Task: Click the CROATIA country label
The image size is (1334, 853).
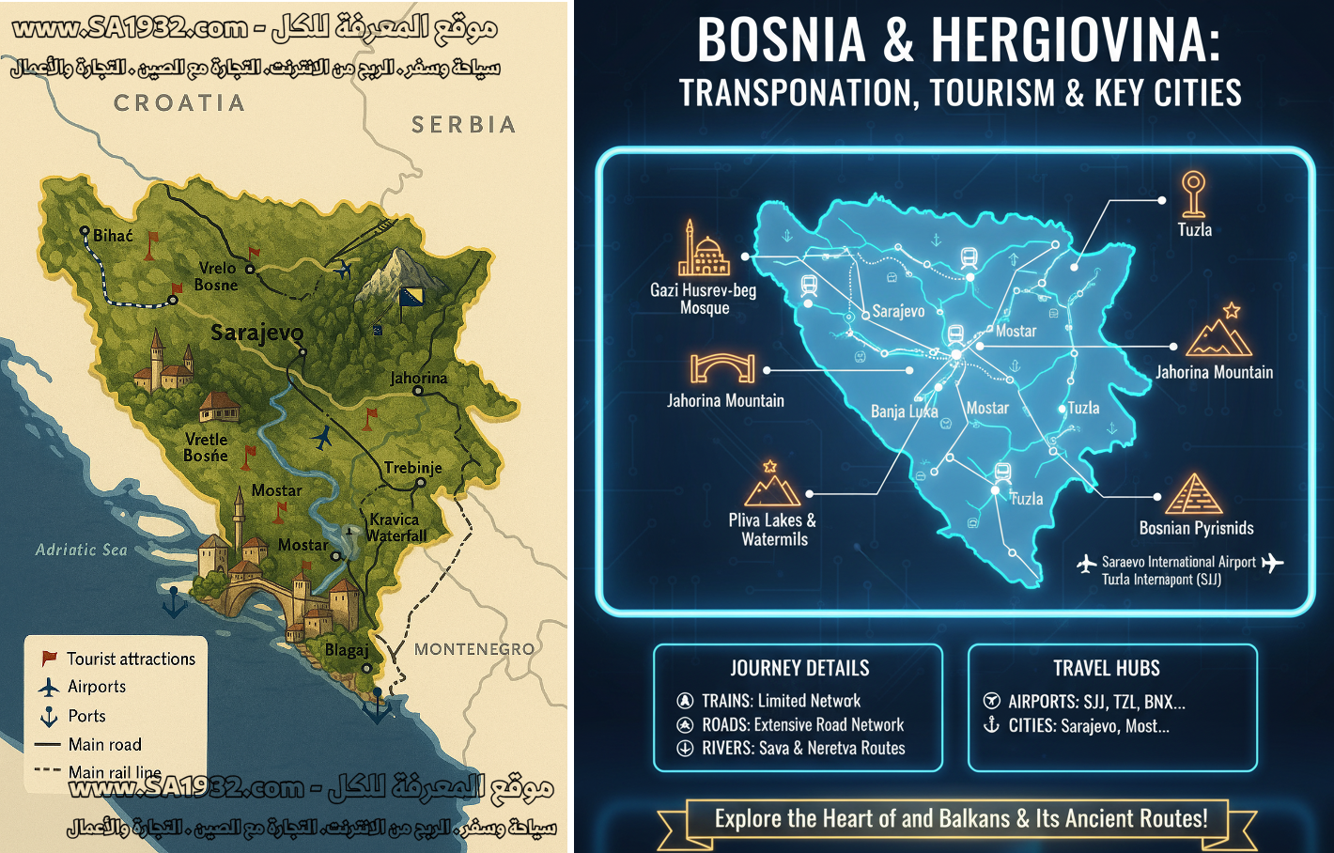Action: tap(179, 103)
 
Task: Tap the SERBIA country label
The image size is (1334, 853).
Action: tap(464, 125)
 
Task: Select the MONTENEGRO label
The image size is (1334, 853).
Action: tap(474, 649)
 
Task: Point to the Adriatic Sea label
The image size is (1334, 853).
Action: tap(81, 550)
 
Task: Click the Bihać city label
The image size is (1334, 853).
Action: tap(113, 236)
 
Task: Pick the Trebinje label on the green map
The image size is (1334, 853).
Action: tap(412, 468)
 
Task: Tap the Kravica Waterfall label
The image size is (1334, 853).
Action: tap(396, 528)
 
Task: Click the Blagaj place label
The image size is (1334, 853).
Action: tap(347, 650)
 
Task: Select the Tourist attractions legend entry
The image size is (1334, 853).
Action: tap(131, 659)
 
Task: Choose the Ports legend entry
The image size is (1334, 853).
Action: tap(86, 716)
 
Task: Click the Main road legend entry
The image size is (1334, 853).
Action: tap(104, 745)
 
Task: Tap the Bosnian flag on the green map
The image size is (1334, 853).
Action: tap(411, 297)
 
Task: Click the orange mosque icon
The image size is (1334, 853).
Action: tap(704, 249)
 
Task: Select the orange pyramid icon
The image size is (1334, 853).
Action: tap(1194, 493)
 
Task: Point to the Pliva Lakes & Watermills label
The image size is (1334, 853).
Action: tap(773, 530)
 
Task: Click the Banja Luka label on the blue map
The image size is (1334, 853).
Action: tap(904, 411)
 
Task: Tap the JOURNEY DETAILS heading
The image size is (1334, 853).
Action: tap(799, 669)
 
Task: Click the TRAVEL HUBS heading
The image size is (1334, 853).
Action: tap(1106, 669)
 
